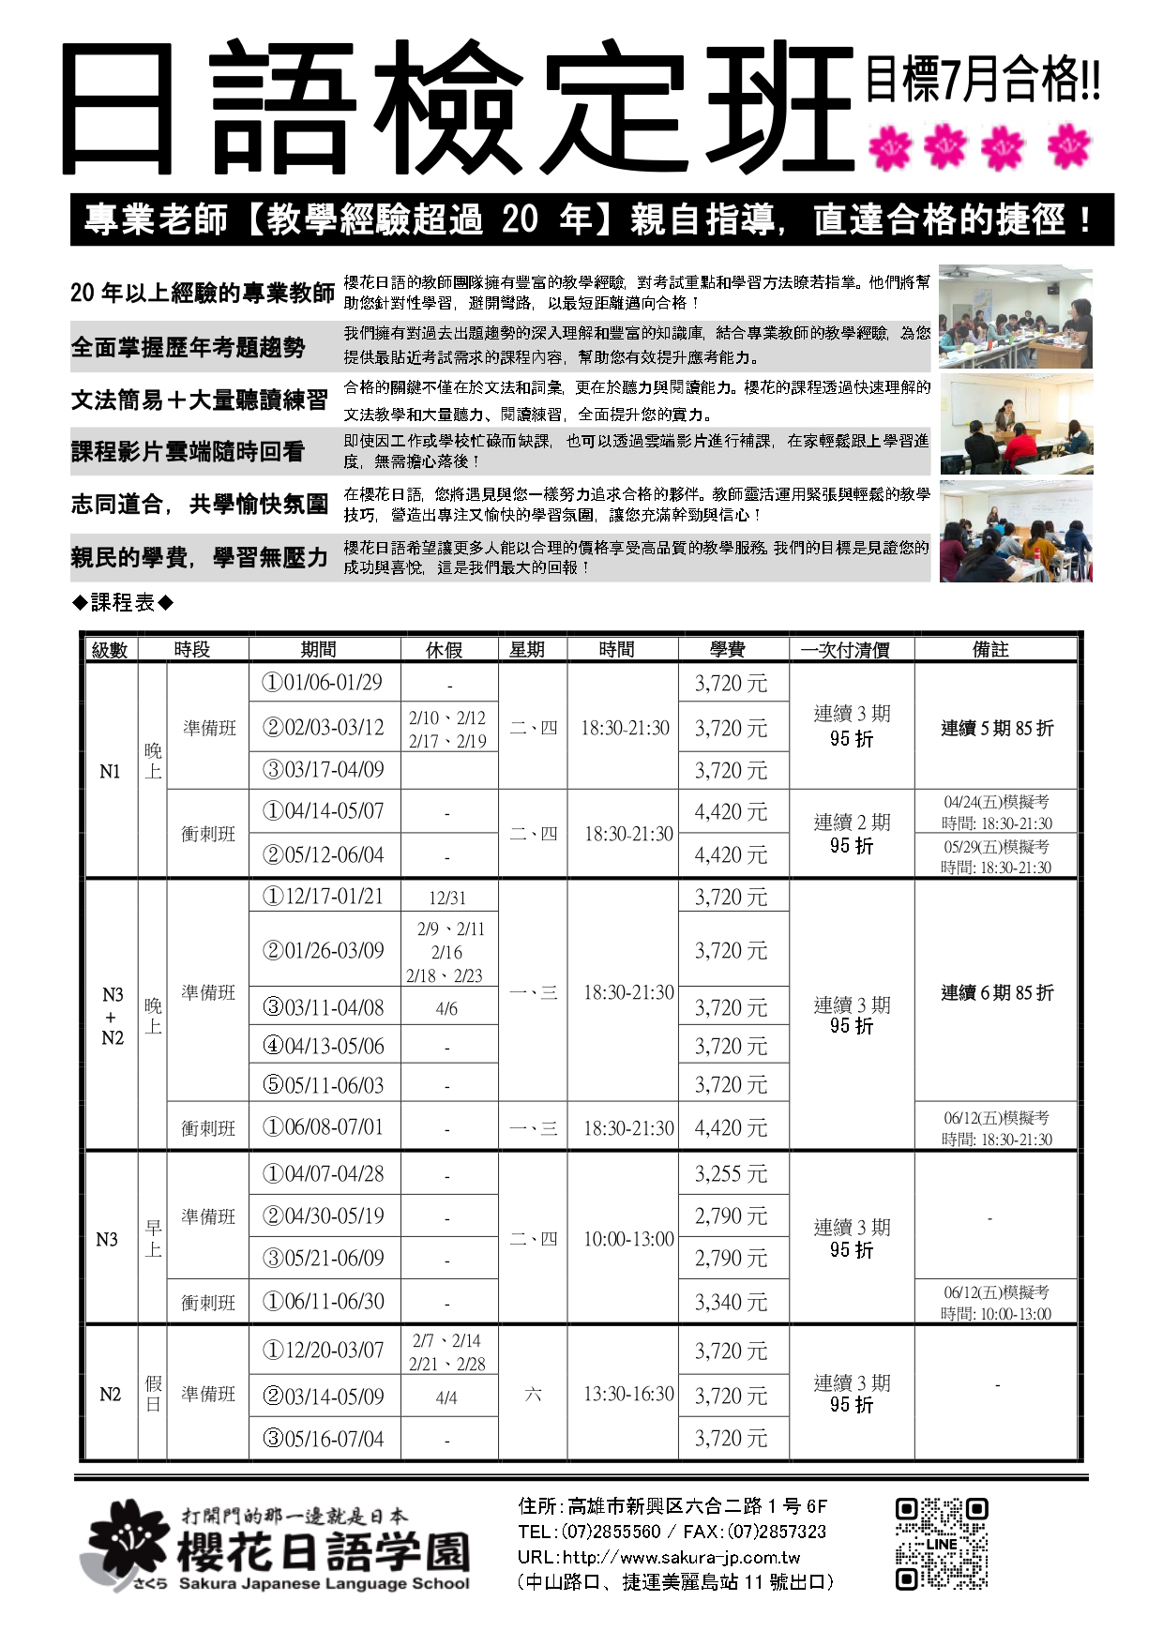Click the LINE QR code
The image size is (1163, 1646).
point(941,1543)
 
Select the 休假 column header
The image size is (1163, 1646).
point(444,649)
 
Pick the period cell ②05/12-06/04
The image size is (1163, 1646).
point(323,854)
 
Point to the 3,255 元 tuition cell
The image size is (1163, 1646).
point(731,1174)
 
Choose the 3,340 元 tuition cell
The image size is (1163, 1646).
point(731,1302)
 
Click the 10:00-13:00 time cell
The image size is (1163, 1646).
point(628,1239)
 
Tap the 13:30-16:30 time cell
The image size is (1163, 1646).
point(628,1394)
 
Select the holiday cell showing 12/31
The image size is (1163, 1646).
point(446,898)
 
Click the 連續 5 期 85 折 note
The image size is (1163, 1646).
point(997,728)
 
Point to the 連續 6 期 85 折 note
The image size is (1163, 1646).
point(997,992)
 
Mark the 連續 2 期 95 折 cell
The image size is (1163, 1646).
point(852,834)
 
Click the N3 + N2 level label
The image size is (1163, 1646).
point(112,1016)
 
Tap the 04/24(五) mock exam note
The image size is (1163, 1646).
point(997,812)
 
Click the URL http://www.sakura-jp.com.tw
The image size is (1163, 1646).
point(658,1558)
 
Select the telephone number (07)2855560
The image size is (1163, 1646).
point(611,1533)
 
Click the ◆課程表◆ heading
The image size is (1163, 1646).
point(123,603)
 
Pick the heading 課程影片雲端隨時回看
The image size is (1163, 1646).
point(189,452)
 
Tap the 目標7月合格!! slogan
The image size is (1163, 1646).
point(982,79)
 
